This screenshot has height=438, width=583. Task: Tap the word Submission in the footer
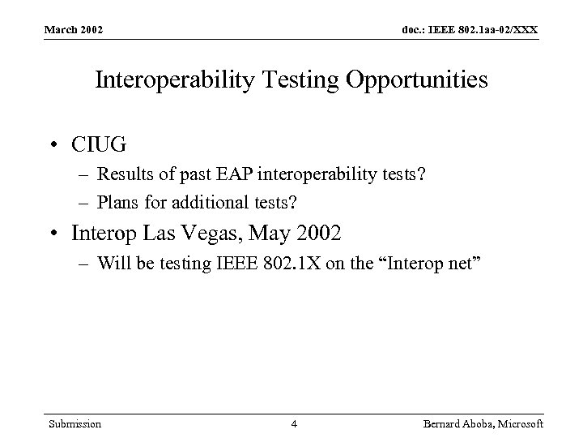74,423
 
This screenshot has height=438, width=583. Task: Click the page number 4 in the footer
295,423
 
